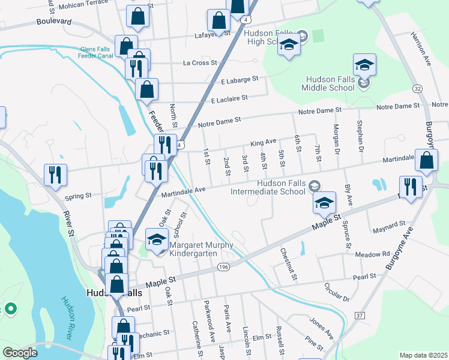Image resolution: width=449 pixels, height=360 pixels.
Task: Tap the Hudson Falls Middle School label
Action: coord(331,83)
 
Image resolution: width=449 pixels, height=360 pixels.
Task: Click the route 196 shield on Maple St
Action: coord(223,266)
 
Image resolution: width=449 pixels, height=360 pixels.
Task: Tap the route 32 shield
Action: coord(417,88)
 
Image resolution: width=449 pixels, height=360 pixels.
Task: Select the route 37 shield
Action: coord(360,315)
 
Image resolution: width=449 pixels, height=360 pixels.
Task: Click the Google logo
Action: coord(20,353)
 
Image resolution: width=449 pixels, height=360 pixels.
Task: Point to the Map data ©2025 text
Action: coord(423,355)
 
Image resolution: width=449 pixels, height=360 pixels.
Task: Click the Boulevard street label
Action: coord(53,21)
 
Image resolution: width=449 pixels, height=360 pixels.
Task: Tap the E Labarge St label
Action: coord(239,79)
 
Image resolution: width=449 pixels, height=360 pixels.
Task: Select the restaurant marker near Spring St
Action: coord(55,175)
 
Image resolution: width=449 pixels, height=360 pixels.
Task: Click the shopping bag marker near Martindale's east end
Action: coord(426,161)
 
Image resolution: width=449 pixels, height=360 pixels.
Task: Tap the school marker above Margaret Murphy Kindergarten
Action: coord(157,239)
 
